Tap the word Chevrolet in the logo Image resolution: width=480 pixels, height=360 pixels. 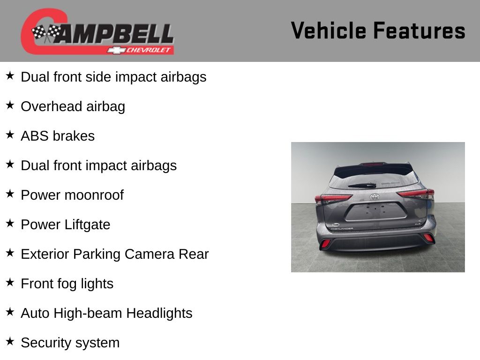point(148,50)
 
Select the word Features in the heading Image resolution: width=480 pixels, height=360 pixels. point(420,30)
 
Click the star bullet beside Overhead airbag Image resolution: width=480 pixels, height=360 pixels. point(10,105)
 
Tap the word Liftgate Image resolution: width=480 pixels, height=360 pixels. point(87,225)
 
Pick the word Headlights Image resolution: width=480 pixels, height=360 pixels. point(159,314)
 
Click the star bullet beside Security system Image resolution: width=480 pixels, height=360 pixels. point(10,341)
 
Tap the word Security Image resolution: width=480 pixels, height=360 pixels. point(46,343)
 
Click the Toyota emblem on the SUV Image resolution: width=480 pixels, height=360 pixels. point(375,197)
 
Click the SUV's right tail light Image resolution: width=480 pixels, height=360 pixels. point(415,194)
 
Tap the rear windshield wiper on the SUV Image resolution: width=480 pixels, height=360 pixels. point(362,185)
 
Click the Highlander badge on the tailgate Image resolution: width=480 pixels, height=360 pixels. point(342,229)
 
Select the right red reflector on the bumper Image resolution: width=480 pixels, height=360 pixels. point(428,238)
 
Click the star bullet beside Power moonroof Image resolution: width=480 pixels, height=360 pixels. point(10,194)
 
